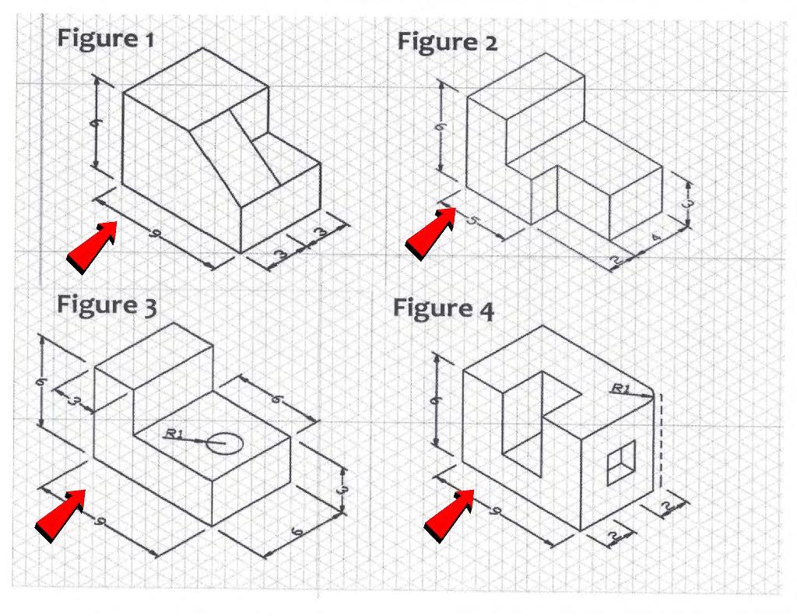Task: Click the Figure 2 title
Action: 447,42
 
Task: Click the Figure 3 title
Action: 107,304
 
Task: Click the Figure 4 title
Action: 443,308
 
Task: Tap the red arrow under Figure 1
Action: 92,245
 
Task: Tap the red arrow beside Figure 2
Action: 430,233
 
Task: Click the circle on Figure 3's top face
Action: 228,443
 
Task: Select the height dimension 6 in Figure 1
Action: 97,122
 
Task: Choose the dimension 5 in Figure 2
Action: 472,220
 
